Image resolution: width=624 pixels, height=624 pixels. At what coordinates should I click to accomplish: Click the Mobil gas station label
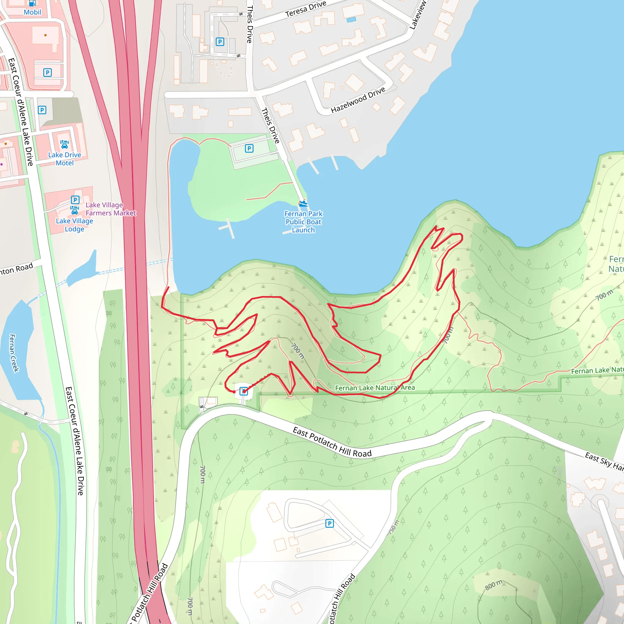(32, 12)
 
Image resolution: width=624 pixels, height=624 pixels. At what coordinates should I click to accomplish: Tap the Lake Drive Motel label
(65, 159)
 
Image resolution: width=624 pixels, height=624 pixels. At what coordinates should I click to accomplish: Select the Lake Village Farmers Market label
(111, 209)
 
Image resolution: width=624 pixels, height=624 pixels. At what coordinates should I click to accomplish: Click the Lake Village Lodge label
(74, 225)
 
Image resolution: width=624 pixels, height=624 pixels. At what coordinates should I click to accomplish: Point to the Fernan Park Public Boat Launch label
(303, 222)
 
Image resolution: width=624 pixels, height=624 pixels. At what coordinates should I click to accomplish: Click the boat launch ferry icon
(303, 204)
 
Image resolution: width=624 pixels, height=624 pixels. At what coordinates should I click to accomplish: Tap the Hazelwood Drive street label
(358, 100)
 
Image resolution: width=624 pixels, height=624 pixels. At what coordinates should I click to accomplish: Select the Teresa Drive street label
(306, 9)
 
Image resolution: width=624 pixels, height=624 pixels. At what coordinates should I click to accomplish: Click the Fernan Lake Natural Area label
(375, 388)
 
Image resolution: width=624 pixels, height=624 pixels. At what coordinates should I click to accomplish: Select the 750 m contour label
(394, 527)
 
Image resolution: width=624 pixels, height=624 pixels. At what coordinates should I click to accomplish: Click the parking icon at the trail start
(244, 392)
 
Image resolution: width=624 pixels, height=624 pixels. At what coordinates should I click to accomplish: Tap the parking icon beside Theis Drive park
(249, 148)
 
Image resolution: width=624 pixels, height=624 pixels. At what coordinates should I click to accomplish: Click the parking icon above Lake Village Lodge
(75, 200)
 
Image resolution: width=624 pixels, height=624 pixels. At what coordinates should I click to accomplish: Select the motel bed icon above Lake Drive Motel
(65, 144)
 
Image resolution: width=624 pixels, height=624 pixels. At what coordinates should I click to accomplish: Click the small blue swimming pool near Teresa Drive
(351, 20)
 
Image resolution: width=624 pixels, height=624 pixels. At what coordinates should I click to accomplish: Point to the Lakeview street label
(418, 15)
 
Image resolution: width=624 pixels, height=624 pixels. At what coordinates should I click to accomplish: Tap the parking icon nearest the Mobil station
(48, 72)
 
